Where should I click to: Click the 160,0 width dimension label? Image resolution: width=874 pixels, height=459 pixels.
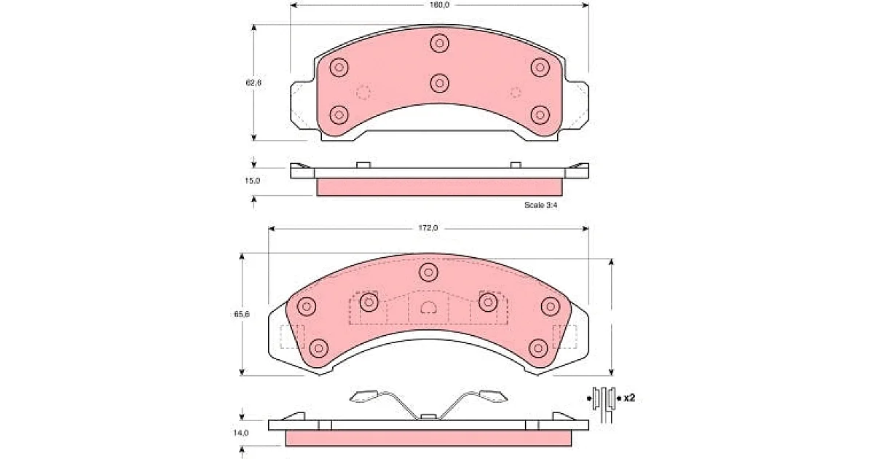tap(439, 5)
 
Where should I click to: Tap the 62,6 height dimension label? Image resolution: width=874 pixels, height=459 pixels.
tap(253, 83)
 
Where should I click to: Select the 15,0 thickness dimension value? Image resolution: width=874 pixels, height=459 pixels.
tap(252, 181)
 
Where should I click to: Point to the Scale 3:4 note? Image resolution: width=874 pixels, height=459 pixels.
tap(540, 205)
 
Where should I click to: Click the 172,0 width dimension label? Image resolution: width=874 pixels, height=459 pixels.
tap(428, 228)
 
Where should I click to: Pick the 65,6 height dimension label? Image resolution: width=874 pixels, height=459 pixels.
tap(242, 314)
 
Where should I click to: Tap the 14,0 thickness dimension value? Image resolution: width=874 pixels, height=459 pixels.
tap(241, 433)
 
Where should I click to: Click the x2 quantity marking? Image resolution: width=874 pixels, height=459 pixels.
tap(629, 398)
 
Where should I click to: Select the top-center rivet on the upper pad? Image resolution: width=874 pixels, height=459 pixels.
tap(439, 43)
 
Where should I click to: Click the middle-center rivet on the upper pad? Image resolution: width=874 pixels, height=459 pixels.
tap(439, 83)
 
